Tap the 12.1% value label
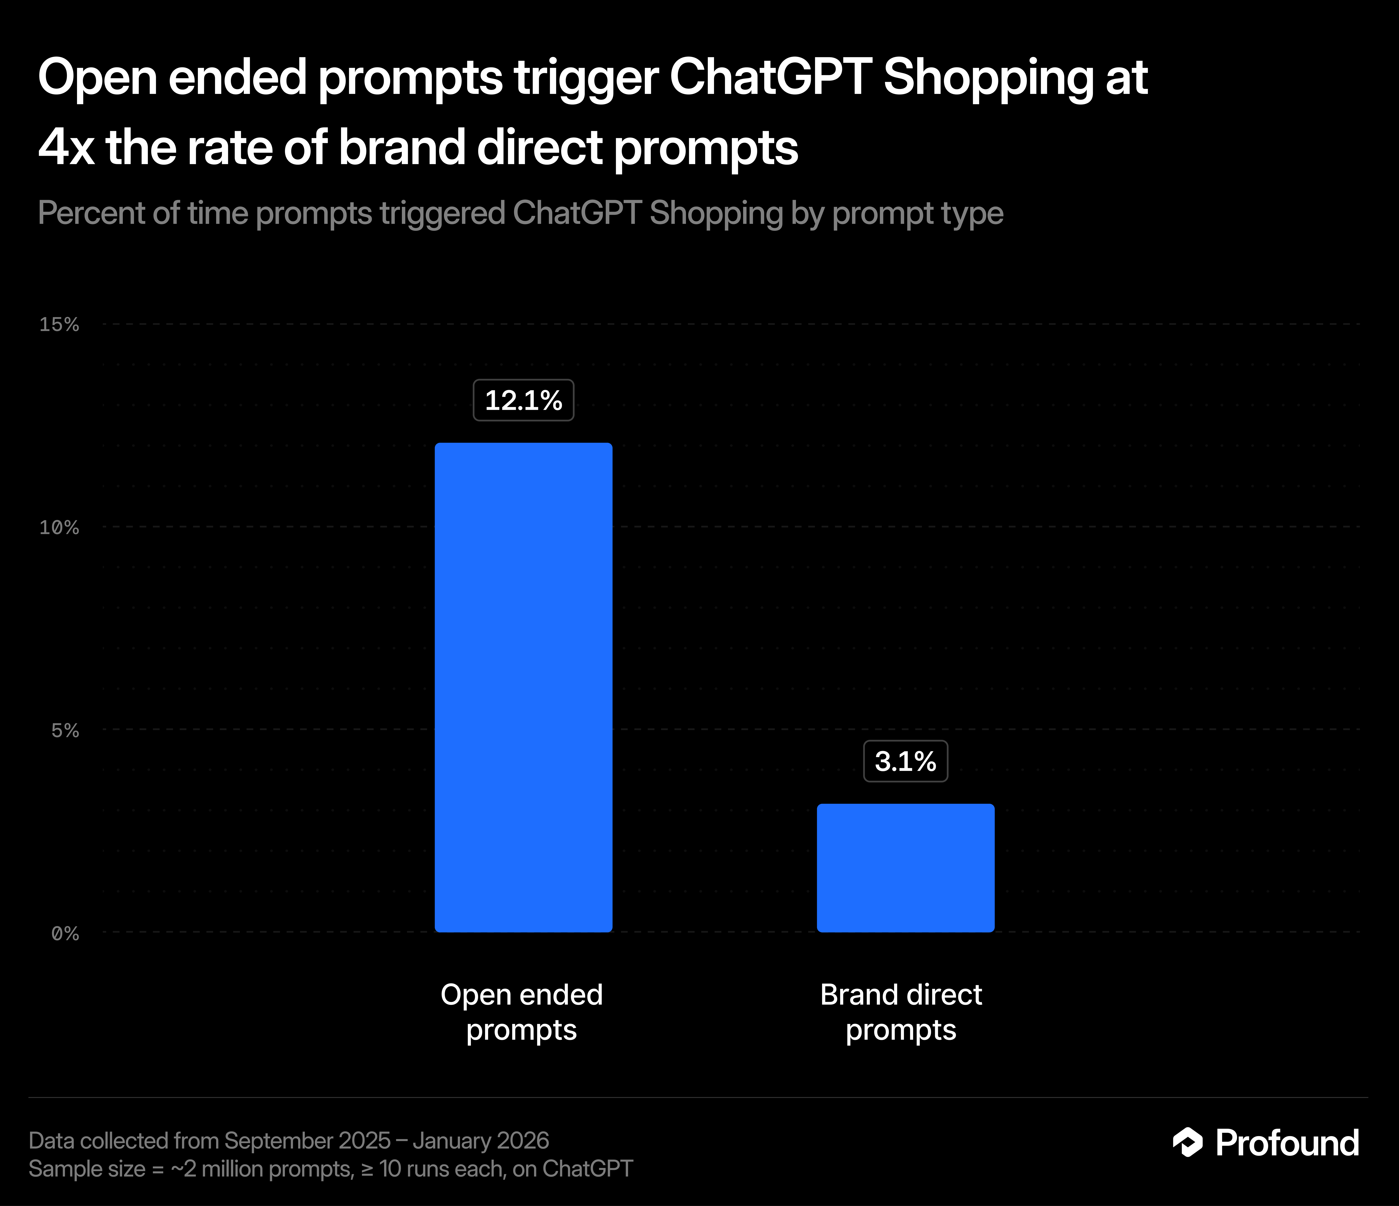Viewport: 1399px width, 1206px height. click(x=523, y=400)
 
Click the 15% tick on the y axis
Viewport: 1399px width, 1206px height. click(x=59, y=325)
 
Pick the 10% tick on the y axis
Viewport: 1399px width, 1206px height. click(x=59, y=527)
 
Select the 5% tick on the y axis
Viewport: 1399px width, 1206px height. click(x=65, y=730)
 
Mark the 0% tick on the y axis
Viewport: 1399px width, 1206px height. click(x=65, y=933)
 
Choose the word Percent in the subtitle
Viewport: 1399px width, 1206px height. click(x=91, y=213)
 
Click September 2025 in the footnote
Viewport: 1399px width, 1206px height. click(x=307, y=1140)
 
